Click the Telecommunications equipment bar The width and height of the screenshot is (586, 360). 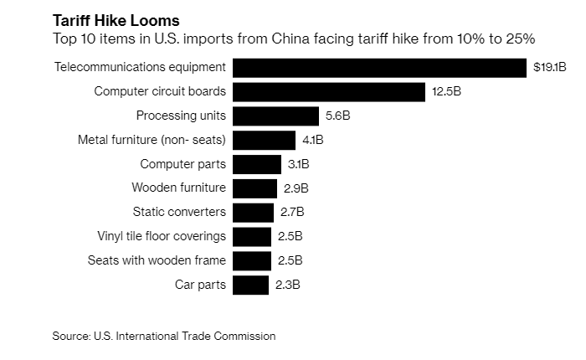(x=379, y=67)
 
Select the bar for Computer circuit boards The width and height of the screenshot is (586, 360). (x=328, y=91)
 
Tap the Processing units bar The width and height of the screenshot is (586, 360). (x=275, y=116)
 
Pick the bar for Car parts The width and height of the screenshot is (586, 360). (x=250, y=285)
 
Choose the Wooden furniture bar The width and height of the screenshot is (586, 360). (x=254, y=188)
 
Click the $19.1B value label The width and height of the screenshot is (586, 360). (x=550, y=67)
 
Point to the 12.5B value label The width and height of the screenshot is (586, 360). (x=446, y=91)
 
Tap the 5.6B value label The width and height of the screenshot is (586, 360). (x=337, y=116)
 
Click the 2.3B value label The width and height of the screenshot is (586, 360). (x=287, y=285)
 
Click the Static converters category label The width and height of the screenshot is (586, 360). (x=179, y=213)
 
